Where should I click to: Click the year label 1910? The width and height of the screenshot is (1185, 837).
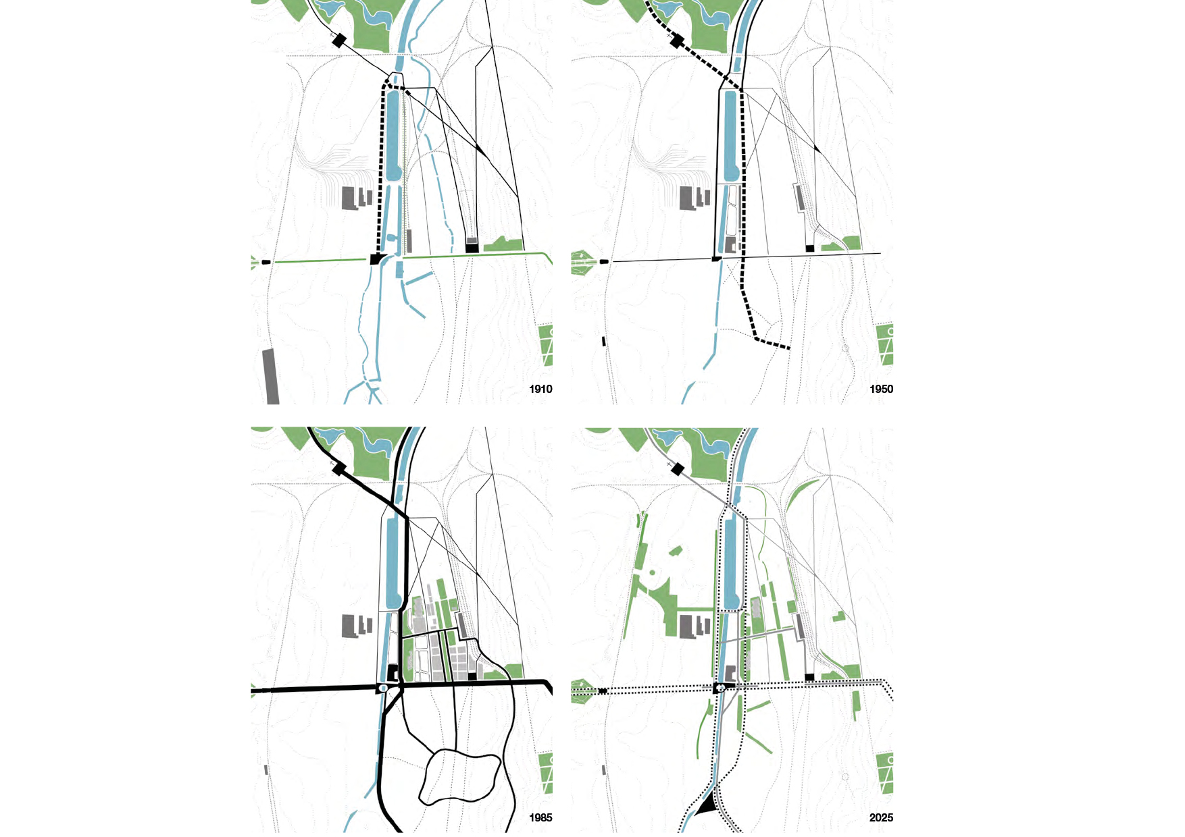pyautogui.click(x=540, y=389)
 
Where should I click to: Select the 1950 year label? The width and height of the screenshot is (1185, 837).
pyautogui.click(x=881, y=389)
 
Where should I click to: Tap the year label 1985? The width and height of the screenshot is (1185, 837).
pyautogui.click(x=540, y=817)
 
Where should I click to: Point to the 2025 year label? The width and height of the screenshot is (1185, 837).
pyautogui.click(x=881, y=817)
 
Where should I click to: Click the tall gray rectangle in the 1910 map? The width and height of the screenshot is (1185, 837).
pyautogui.click(x=271, y=377)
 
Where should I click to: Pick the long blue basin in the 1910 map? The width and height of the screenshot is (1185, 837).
pyautogui.click(x=394, y=135)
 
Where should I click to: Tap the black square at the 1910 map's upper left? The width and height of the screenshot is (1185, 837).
pyautogui.click(x=339, y=40)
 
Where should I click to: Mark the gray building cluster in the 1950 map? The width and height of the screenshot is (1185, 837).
pyautogui.click(x=693, y=198)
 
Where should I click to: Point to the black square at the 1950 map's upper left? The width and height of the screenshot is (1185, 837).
pyautogui.click(x=676, y=40)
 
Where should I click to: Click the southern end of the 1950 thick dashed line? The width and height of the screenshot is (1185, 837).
pyautogui.click(x=788, y=348)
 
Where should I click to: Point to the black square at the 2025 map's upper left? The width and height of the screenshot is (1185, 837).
pyautogui.click(x=678, y=469)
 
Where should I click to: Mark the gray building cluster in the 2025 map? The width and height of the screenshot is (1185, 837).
pyautogui.click(x=693, y=626)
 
